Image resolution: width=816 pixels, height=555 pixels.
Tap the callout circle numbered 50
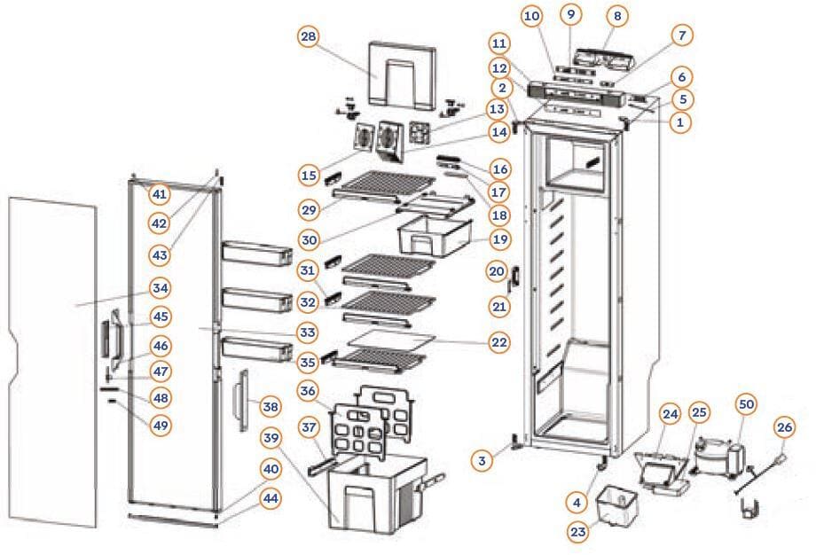click(747, 403)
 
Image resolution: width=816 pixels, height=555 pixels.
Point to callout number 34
click(161, 288)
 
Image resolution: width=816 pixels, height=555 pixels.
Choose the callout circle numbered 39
click(272, 438)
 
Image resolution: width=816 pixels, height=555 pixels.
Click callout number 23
click(577, 532)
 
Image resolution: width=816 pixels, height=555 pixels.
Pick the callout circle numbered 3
click(482, 460)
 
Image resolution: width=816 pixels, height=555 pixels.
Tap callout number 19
click(499, 238)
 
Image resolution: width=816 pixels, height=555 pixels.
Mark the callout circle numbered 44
click(271, 498)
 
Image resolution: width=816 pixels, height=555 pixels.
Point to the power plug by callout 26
click(781, 457)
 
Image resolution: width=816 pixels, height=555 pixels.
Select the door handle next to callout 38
click(239, 402)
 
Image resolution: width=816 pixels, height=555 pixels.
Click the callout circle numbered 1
click(680, 124)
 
